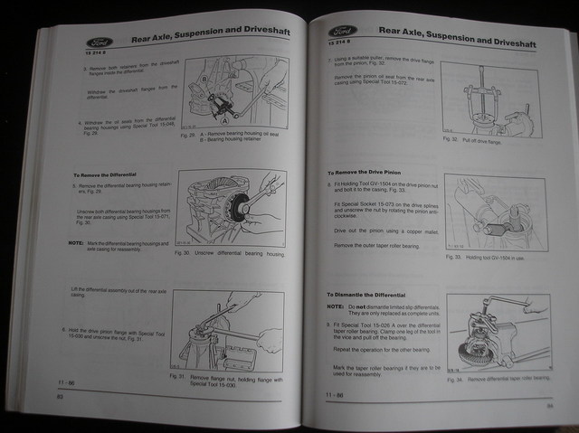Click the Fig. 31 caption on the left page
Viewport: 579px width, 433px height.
(x=231, y=378)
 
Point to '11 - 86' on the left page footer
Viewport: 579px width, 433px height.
(x=69, y=383)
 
